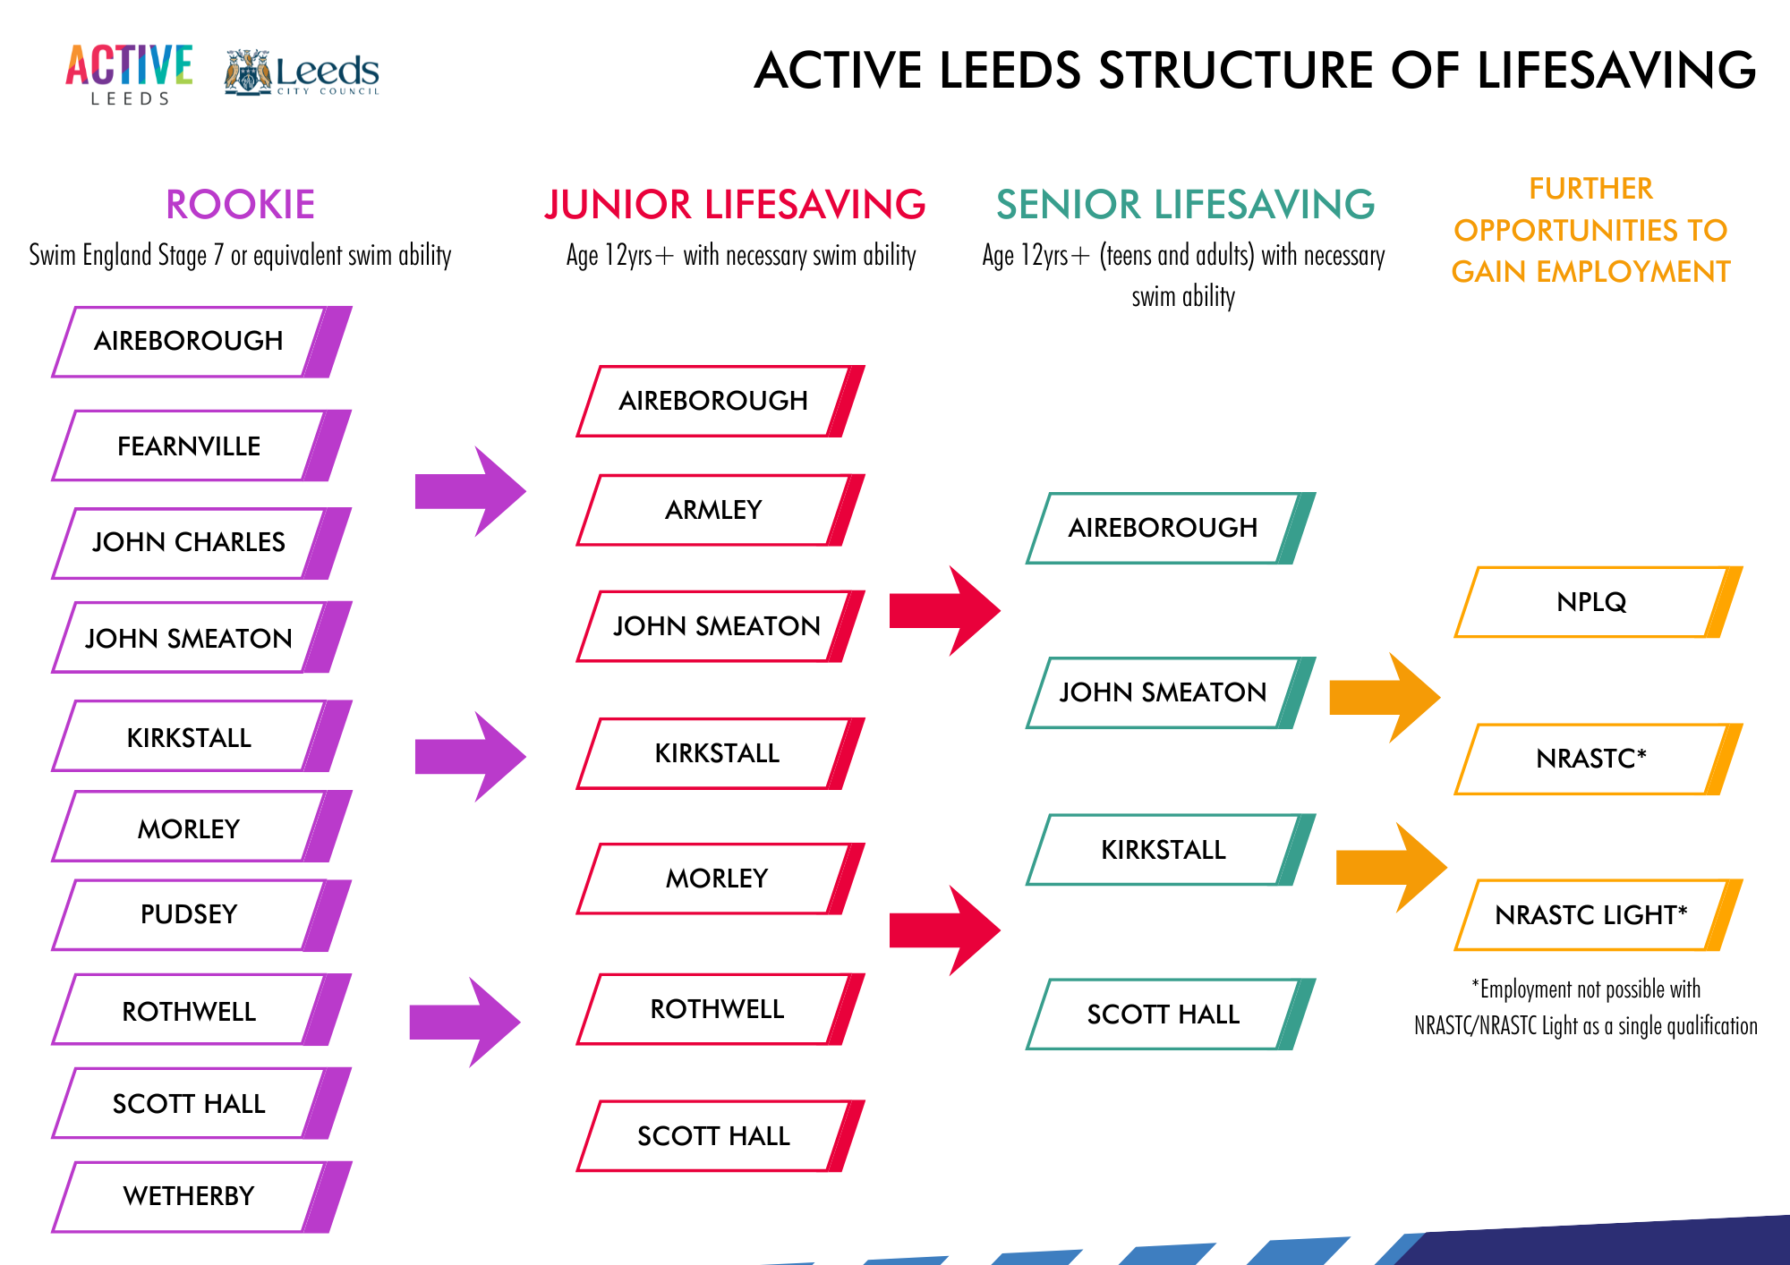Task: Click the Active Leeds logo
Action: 129,73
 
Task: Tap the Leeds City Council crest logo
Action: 248,72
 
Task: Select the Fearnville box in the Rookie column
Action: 190,446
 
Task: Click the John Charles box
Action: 190,542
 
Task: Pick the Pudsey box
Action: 190,914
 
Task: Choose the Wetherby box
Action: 190,1196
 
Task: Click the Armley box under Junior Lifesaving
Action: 714,510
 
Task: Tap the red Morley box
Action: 716,879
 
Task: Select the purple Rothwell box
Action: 190,1011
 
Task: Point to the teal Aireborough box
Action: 1163,528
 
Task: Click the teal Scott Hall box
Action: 1163,1015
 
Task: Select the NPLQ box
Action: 1591,602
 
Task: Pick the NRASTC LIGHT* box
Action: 1591,915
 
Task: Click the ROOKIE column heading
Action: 240,205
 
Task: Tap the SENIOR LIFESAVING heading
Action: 1185,205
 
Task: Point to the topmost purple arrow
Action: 470,491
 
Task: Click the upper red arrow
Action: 944,610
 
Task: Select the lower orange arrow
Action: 1390,867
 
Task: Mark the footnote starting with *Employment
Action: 1586,1007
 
